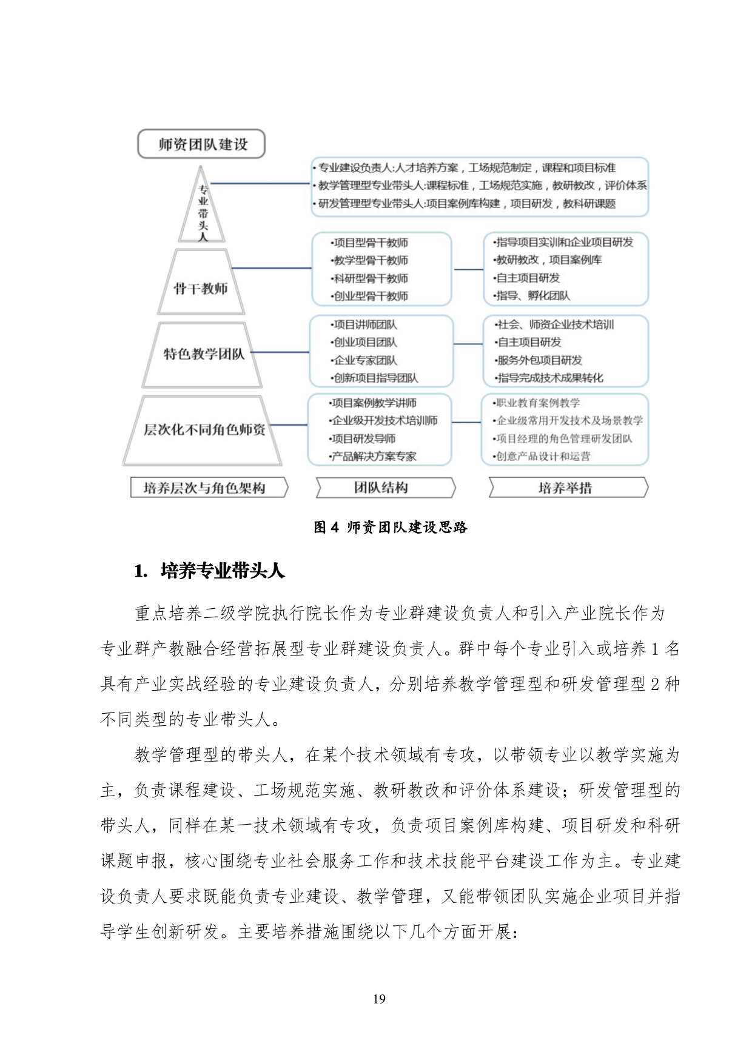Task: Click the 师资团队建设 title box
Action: coord(202,144)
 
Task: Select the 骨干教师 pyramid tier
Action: coord(201,287)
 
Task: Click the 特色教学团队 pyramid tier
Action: coord(203,354)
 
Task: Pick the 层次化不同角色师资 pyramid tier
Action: coord(204,430)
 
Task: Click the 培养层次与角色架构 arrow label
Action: coord(207,488)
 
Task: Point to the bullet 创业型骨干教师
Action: coord(371,297)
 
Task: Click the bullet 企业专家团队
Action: coord(365,360)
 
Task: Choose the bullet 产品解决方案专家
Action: coord(374,457)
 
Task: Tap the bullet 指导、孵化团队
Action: coord(533,296)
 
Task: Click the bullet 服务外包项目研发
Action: coord(539,360)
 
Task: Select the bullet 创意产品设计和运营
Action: coord(543,457)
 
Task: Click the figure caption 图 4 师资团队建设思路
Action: coord(391,527)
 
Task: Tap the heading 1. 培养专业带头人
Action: coord(210,571)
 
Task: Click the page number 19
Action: coord(379,999)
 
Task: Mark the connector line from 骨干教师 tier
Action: coord(271,268)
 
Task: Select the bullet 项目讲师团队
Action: coord(365,325)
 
